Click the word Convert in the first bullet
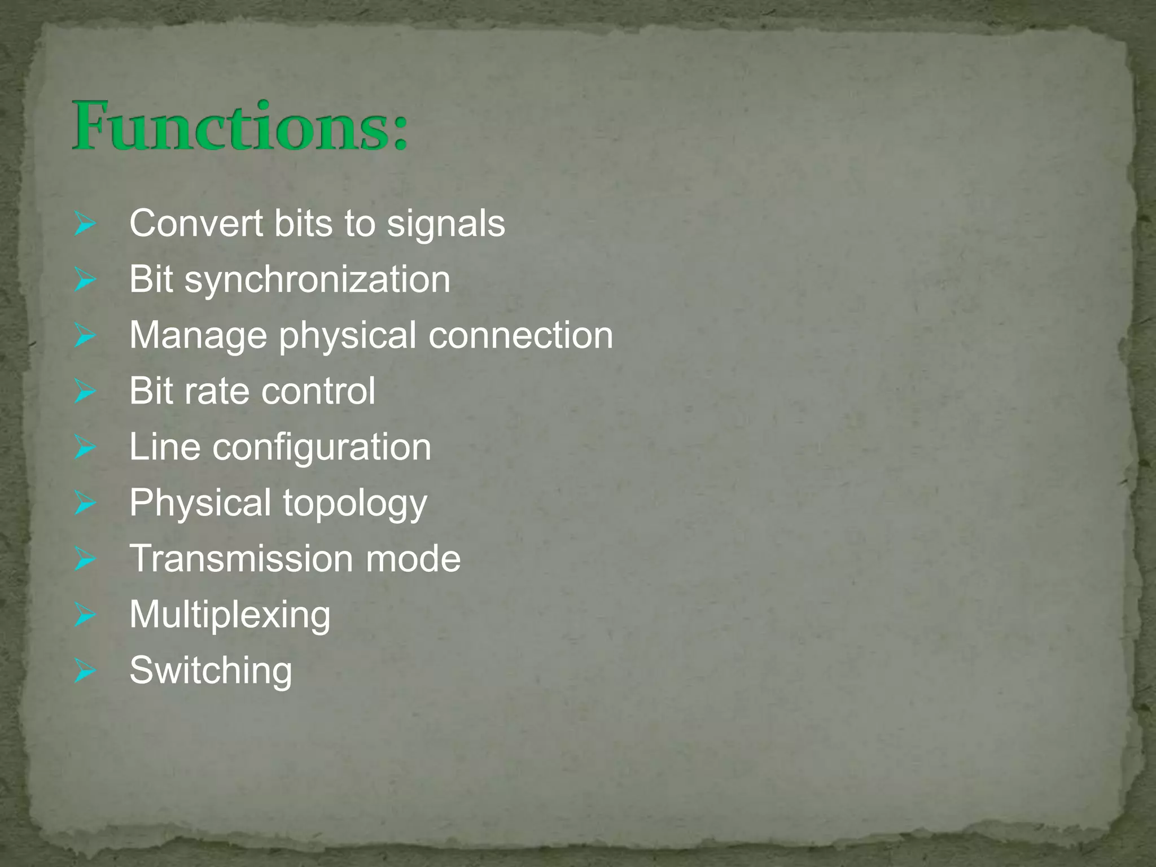tap(196, 223)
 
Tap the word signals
tap(445, 224)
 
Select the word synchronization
tap(317, 279)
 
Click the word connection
tap(520, 335)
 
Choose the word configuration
tap(322, 448)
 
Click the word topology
tap(354, 503)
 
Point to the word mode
tap(413, 558)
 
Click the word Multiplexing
tap(230, 615)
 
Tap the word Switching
tap(211, 671)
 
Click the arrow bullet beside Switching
tap(85, 672)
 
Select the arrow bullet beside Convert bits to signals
tap(85, 225)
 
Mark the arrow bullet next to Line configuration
tap(85, 449)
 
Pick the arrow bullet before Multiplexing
tap(85, 616)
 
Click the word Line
tap(165, 447)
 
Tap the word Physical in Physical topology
tap(200, 503)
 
